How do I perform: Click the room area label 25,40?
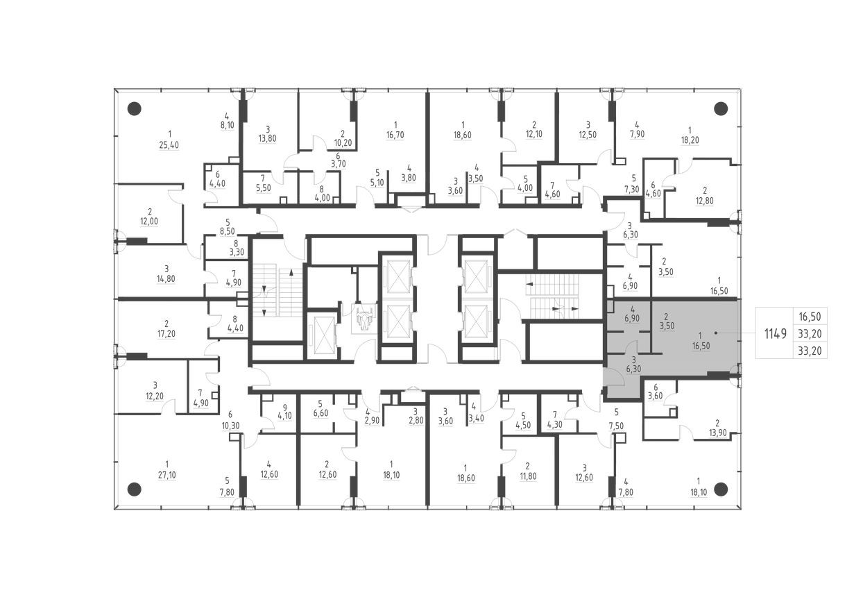click(169, 145)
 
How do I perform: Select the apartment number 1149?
click(775, 333)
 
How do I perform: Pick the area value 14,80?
click(166, 281)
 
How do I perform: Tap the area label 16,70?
click(394, 136)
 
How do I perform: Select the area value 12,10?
click(534, 136)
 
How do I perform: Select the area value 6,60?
click(320, 414)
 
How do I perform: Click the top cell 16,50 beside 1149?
click(810, 316)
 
